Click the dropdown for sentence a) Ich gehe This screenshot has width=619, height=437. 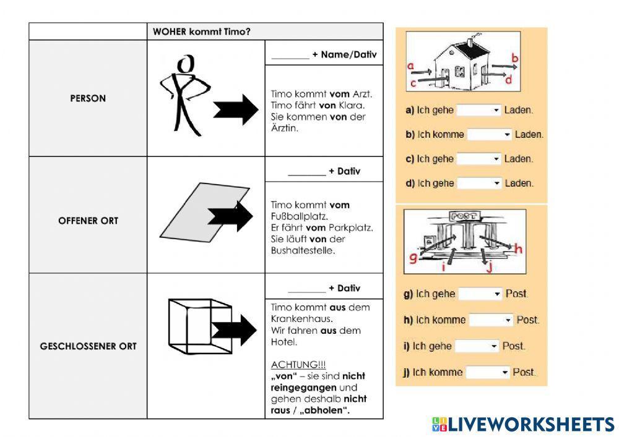pyautogui.click(x=478, y=110)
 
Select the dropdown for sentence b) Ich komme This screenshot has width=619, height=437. pyautogui.click(x=489, y=134)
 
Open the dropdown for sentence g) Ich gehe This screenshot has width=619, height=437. pyautogui.click(x=480, y=294)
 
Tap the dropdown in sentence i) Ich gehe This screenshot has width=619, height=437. pyautogui.click(x=477, y=346)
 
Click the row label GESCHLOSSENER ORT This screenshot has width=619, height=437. pyautogui.click(x=88, y=346)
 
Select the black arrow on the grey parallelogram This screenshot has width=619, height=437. pyautogui.click(x=230, y=216)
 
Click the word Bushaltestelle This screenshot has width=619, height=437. pyautogui.click(x=301, y=251)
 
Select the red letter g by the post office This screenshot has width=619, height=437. pyautogui.click(x=413, y=255)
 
